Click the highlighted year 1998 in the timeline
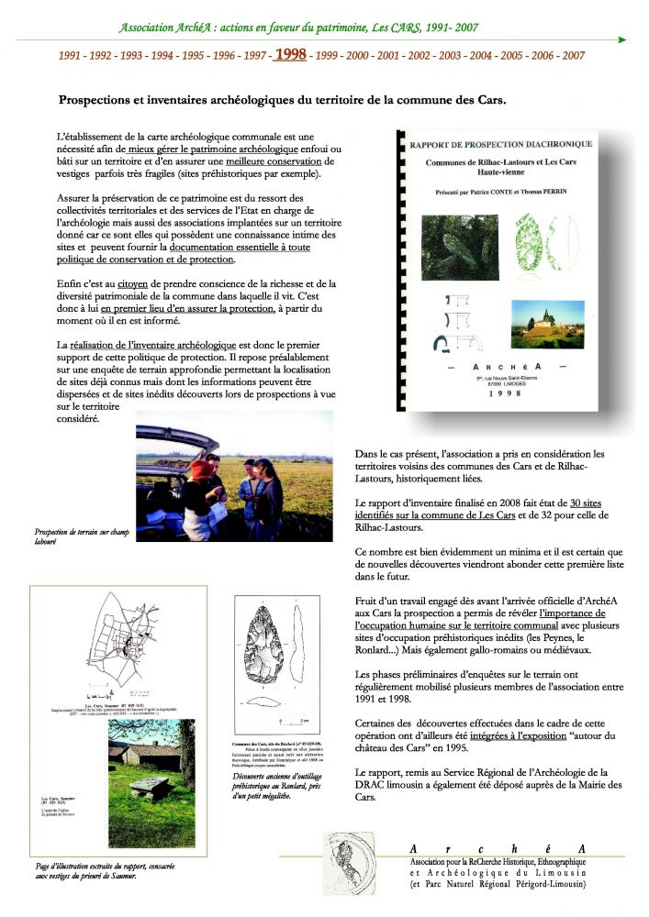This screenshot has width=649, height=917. [x=290, y=55]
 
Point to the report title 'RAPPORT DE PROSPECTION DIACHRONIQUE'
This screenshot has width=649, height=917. [x=501, y=145]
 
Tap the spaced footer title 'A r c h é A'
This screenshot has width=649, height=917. [x=497, y=849]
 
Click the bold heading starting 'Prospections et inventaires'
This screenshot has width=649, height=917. [x=283, y=99]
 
